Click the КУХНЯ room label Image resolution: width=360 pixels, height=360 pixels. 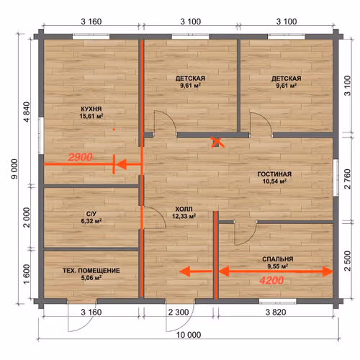(x=91, y=109)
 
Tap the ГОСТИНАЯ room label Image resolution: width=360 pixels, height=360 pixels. (x=274, y=174)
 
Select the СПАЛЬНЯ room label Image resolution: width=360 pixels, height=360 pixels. (x=278, y=259)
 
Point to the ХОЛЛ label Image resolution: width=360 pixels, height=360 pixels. (x=184, y=209)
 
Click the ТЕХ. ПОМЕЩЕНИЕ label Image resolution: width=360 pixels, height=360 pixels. (x=91, y=271)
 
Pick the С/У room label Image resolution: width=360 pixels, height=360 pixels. (x=91, y=214)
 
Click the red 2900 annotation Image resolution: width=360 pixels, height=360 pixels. (x=81, y=157)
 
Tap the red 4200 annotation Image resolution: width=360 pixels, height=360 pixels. (x=271, y=280)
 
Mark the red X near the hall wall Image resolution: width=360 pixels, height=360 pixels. (x=217, y=142)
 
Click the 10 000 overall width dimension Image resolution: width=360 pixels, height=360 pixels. (x=189, y=335)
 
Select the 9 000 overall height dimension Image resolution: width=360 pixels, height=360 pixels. (x=14, y=168)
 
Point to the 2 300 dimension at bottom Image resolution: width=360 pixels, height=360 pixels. (x=179, y=312)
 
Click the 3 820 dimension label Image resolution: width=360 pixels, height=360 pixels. (x=276, y=312)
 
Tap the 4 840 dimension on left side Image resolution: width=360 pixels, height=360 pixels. (x=27, y=112)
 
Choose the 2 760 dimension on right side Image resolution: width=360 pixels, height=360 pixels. (x=347, y=179)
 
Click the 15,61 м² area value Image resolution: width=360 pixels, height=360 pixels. (x=91, y=116)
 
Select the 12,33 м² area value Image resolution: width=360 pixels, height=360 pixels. (x=184, y=216)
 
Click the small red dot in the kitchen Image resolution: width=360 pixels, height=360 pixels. (x=114, y=130)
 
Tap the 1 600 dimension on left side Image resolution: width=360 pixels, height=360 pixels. (x=27, y=274)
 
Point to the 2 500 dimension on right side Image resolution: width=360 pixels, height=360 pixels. (x=347, y=261)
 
